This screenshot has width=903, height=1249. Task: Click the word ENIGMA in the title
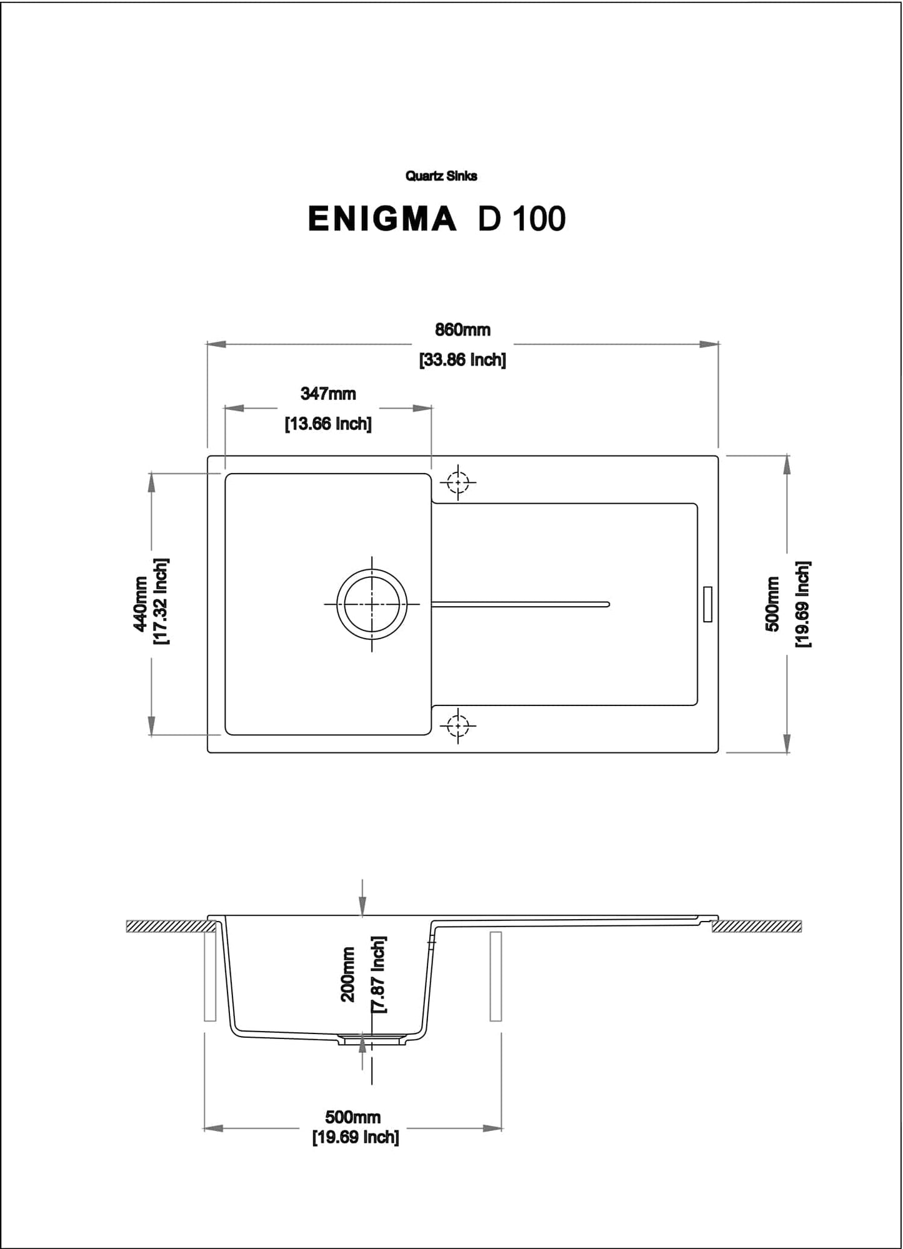(382, 219)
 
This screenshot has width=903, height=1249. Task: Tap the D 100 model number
(522, 219)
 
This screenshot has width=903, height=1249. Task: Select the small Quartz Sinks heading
(441, 176)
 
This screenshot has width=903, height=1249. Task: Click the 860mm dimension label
(462, 329)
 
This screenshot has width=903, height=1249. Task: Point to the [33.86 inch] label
(462, 360)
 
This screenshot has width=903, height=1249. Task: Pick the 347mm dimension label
(328, 394)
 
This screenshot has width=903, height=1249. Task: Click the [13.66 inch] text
(328, 424)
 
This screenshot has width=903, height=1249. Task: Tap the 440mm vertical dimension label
(141, 604)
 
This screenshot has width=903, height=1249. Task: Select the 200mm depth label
(348, 974)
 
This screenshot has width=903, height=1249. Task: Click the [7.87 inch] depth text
(379, 974)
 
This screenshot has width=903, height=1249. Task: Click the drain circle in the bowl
(372, 604)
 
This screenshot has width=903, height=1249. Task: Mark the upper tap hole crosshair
(458, 482)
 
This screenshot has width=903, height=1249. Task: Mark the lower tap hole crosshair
(458, 726)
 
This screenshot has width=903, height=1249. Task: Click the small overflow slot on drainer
(707, 604)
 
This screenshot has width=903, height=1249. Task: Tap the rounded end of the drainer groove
(606, 604)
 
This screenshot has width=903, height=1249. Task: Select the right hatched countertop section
(757, 926)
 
